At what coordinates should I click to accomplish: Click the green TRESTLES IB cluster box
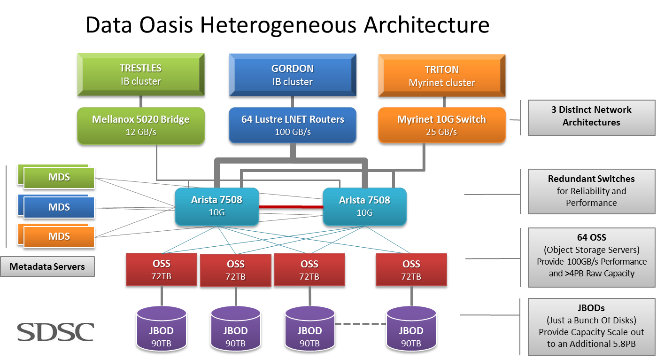pos(141,75)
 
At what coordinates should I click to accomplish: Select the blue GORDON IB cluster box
pos(292,75)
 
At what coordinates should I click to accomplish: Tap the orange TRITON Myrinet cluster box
pos(441,76)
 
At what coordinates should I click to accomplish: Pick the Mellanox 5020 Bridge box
pos(141,125)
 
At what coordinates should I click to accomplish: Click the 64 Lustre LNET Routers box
pos(292,125)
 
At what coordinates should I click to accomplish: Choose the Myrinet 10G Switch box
pos(441,125)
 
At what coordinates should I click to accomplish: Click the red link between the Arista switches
pos(291,207)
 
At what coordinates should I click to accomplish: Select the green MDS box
pos(59,178)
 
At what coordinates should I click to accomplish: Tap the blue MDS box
pos(59,208)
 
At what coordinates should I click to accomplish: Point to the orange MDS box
pos(59,237)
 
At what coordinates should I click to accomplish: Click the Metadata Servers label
pos(47,266)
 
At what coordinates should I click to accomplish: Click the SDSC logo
pos(56,332)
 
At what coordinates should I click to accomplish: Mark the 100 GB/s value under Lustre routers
pos(293,132)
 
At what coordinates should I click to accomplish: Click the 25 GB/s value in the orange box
pos(441,132)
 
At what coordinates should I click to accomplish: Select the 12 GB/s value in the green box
pos(141,132)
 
